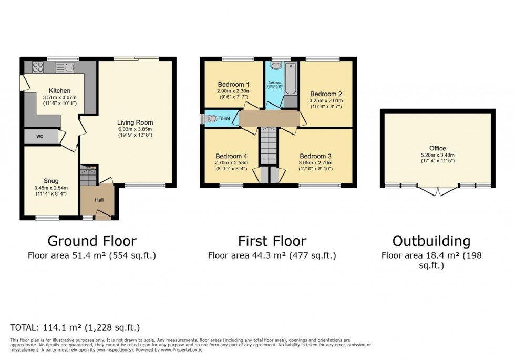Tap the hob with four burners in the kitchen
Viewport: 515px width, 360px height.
pyautogui.click(x=38, y=67)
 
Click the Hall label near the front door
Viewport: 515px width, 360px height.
pyautogui.click(x=99, y=200)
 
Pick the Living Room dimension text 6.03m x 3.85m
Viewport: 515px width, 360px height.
pyautogui.click(x=135, y=130)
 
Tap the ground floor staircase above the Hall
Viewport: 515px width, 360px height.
pyautogui.click(x=88, y=176)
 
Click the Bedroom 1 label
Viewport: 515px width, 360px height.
pyautogui.click(x=233, y=84)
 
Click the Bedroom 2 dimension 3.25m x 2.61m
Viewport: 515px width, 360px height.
pyautogui.click(x=325, y=101)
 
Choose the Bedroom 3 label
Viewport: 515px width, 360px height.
pyautogui.click(x=315, y=156)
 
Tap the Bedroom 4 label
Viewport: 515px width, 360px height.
pyautogui.click(x=231, y=156)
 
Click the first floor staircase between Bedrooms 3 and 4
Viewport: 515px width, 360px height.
pyautogui.click(x=268, y=146)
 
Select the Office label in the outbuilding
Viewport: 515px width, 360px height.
pyautogui.click(x=437, y=148)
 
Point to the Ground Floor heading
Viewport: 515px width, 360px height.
pyautogui.click(x=92, y=241)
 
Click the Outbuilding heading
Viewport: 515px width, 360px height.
pyautogui.click(x=431, y=241)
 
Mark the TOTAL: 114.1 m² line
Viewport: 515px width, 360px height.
pyautogui.click(x=75, y=327)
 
